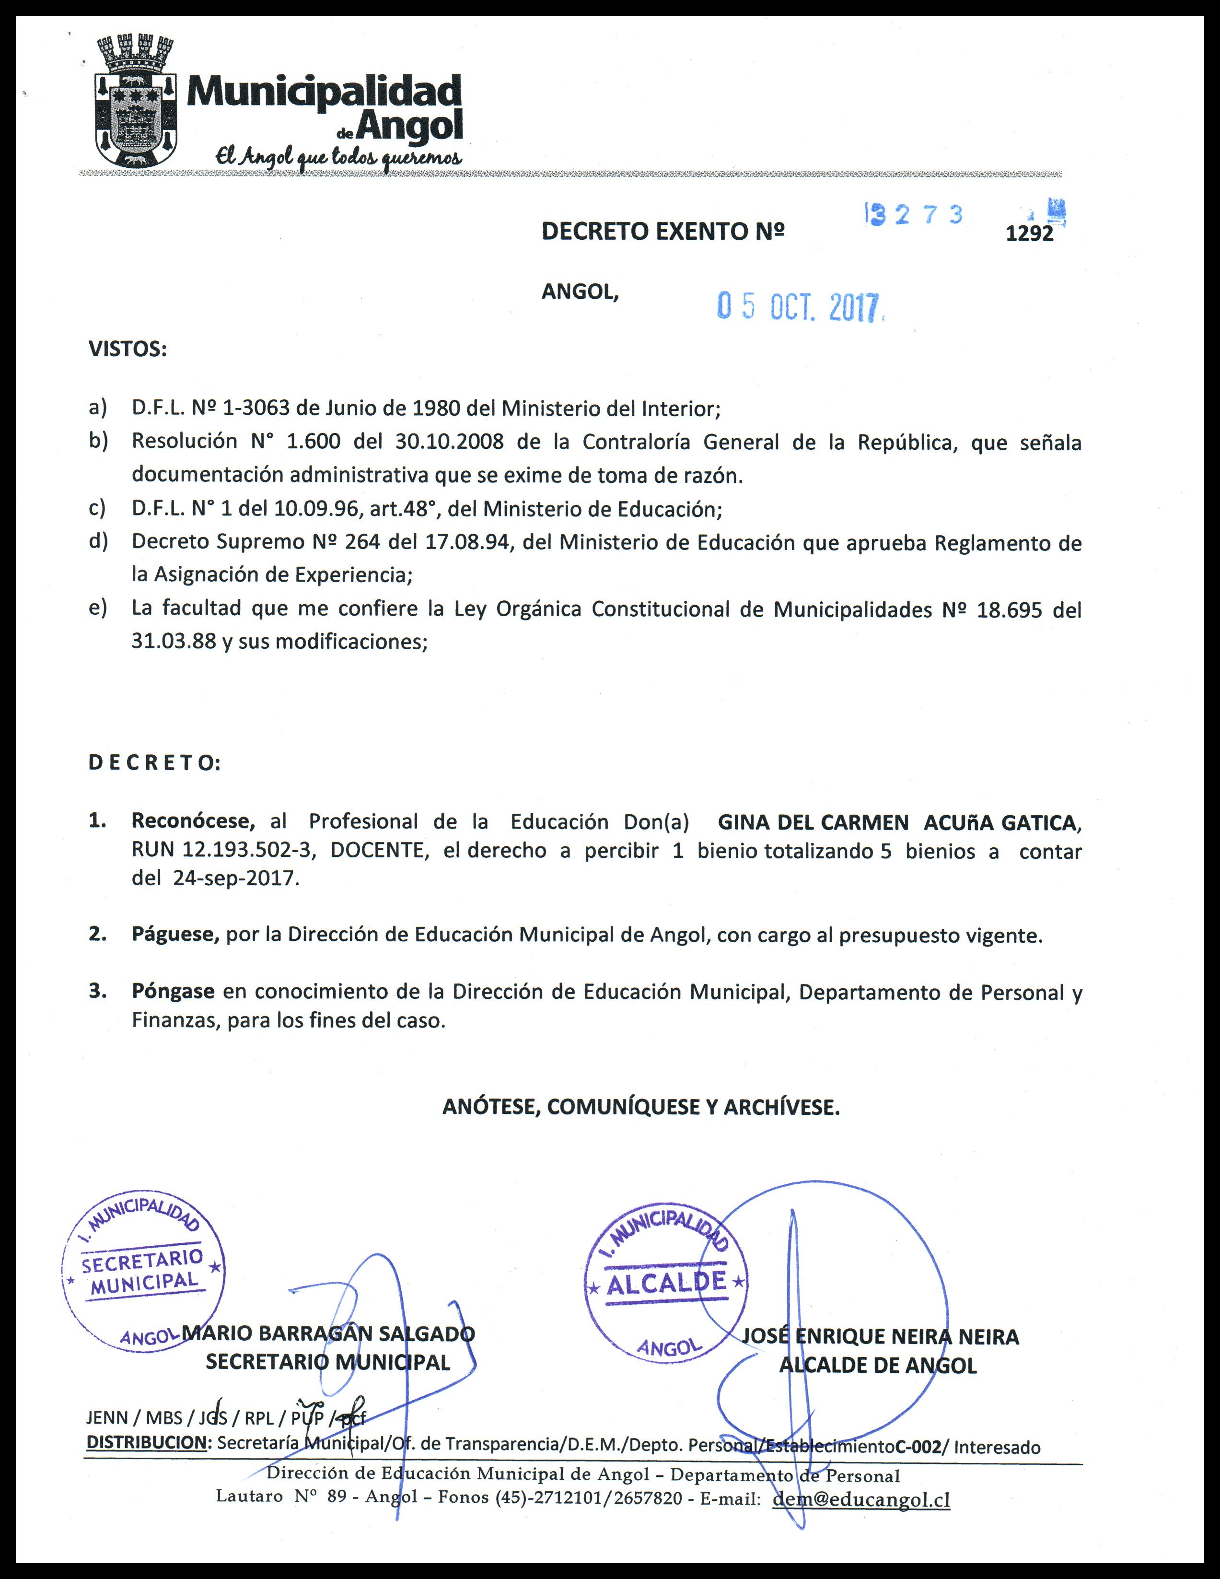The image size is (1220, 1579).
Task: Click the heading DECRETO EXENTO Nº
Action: [x=663, y=231]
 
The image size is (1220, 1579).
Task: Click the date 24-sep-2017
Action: [x=236, y=878]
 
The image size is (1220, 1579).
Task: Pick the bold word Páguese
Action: [x=175, y=935]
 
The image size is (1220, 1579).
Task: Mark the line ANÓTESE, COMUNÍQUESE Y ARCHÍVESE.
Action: [x=641, y=1107]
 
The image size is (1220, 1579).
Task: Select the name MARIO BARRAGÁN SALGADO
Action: [x=329, y=1333]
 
